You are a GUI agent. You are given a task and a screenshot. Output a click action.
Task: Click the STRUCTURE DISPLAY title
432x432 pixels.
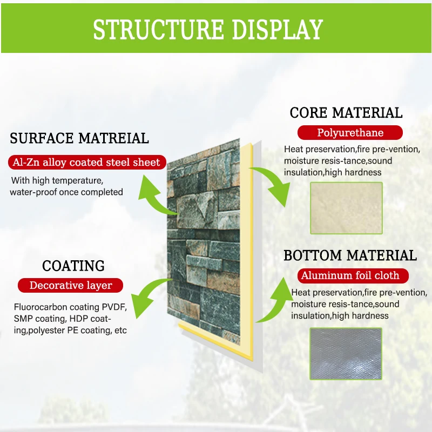[x=208, y=29]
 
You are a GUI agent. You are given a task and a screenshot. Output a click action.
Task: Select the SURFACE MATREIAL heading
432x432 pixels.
[x=79, y=138]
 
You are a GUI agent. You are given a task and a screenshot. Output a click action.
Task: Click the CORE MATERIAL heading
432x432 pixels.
[x=346, y=113]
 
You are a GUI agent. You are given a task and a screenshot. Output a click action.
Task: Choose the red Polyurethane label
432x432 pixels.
[x=350, y=133]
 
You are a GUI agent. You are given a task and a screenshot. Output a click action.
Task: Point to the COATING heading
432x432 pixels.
[x=73, y=266]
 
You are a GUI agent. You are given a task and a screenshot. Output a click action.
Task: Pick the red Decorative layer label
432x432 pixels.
[x=71, y=285]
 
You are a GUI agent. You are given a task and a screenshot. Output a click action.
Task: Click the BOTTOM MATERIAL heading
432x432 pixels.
[x=350, y=255]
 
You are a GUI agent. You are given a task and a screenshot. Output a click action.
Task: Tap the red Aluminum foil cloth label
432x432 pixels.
[x=350, y=275]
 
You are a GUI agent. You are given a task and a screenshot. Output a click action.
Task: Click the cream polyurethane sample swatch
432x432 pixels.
[x=346, y=208]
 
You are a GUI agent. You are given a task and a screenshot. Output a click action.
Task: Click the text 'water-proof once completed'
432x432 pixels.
[x=66, y=192]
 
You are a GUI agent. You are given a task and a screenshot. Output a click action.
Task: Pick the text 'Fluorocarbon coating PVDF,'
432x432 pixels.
[x=70, y=307]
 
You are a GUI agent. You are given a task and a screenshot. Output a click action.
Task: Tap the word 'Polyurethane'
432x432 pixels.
[x=350, y=133]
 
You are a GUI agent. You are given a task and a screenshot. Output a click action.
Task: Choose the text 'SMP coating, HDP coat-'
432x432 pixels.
[x=63, y=319]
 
